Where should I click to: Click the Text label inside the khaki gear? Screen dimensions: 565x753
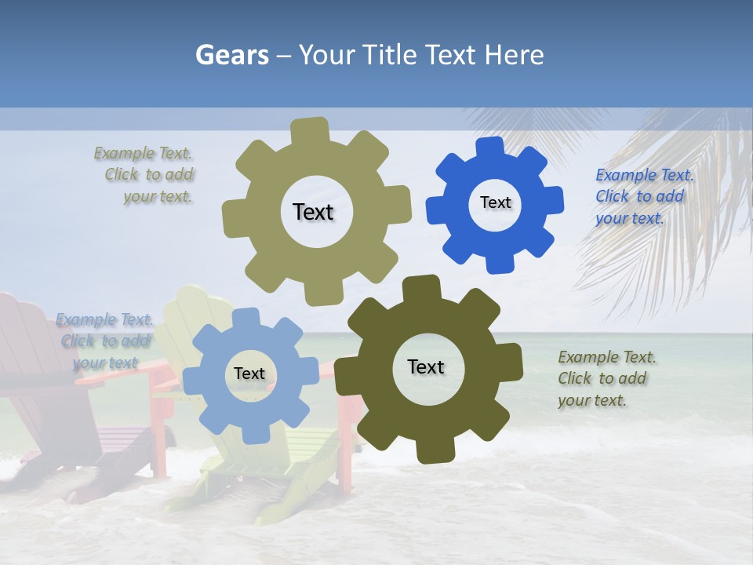313,212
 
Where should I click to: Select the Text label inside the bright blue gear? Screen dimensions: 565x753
495,202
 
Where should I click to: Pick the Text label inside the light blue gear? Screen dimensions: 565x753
249,374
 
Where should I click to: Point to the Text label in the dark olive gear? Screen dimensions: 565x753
426,366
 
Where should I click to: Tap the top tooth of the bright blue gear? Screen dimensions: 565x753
489,148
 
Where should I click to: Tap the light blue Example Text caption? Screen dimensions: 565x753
105,341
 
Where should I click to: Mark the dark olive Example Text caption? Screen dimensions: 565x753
604,378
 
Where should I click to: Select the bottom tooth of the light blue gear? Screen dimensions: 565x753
249,430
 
